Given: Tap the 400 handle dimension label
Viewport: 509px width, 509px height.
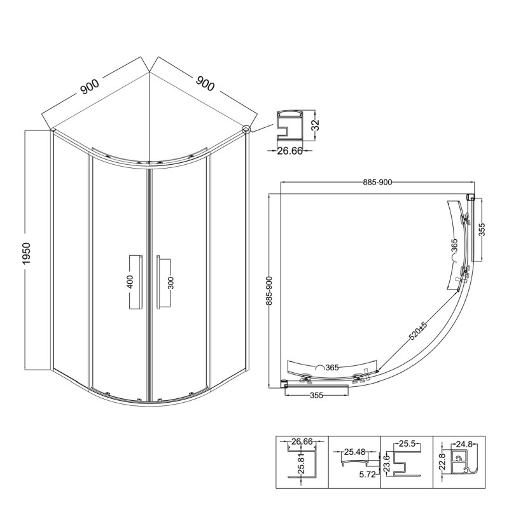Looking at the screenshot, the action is click(130, 282).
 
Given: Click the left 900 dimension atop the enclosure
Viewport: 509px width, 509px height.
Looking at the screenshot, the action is click(90, 86).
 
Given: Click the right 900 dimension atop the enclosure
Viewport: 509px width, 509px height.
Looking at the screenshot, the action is click(205, 83).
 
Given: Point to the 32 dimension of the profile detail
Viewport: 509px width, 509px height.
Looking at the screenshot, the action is click(315, 125).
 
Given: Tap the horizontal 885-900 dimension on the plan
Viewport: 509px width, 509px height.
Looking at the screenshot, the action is click(377, 183).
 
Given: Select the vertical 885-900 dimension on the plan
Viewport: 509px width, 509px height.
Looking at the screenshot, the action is click(269, 291).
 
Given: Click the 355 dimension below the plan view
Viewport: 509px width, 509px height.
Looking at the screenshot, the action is click(316, 395).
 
